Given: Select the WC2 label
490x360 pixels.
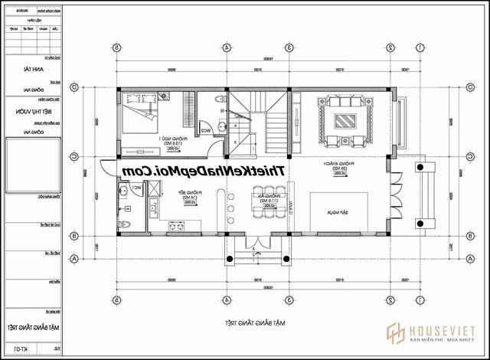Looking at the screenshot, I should pos(206,131).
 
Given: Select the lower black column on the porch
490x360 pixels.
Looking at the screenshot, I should pos(420,223).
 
